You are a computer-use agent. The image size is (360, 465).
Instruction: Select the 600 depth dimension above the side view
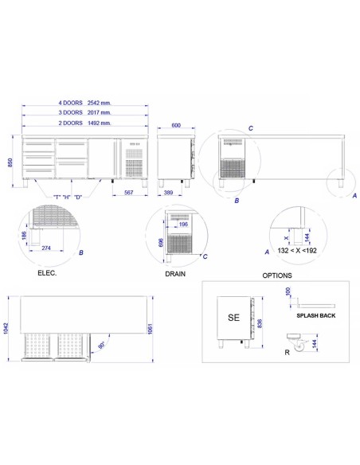[175, 125]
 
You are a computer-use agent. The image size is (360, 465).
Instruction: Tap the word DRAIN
[176, 272]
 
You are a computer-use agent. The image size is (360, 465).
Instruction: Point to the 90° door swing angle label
[102, 346]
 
